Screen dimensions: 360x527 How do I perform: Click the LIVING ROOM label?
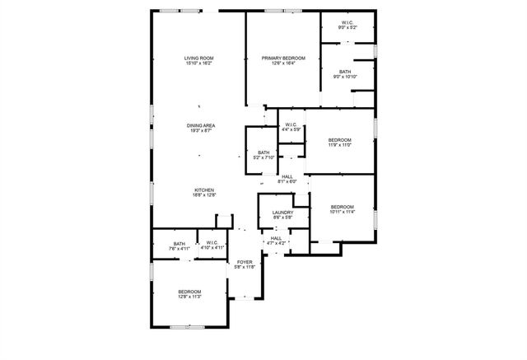point(199,58)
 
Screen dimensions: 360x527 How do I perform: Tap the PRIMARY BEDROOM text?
point(283,58)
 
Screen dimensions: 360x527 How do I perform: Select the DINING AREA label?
point(201,125)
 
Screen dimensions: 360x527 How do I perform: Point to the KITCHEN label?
point(204,189)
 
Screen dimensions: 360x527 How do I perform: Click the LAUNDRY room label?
point(282,213)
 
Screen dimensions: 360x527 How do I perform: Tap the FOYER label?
point(245,262)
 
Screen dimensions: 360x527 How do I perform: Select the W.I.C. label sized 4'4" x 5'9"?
point(291,124)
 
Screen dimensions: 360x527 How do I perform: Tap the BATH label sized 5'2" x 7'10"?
point(263,152)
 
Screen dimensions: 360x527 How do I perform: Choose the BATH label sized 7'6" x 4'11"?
point(180,242)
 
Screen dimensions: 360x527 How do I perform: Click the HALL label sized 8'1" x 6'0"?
point(287,176)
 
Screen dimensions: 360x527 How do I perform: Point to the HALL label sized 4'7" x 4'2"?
point(277,237)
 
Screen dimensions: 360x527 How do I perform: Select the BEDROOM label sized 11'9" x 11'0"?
point(340,140)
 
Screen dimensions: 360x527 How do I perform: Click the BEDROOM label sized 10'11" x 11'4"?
point(343,206)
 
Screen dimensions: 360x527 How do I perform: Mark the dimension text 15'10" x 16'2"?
point(199,63)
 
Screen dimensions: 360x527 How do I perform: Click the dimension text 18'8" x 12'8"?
point(204,195)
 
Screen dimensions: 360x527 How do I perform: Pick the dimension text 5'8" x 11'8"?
point(245,268)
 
